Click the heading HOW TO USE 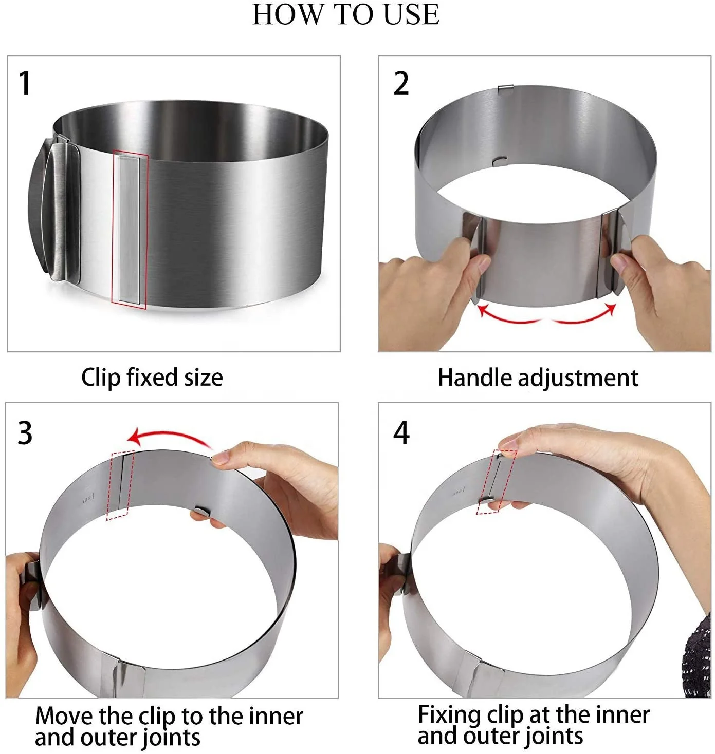pos(346,14)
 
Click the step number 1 pos(24,83)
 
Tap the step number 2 pos(401,83)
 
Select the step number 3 pos(25,432)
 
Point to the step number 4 pos(401,432)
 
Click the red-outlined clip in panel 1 pos(130,230)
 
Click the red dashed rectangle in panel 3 pos(120,485)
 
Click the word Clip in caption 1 pos(100,378)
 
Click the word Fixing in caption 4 pos(449,714)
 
